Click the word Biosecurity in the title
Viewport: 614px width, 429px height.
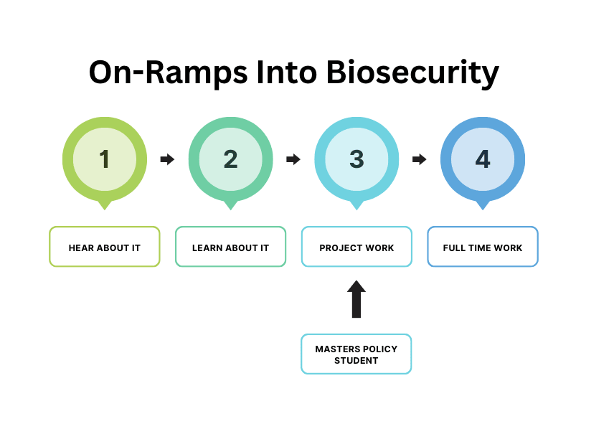412,72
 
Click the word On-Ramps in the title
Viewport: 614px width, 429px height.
169,72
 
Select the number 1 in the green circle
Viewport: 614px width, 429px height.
104,159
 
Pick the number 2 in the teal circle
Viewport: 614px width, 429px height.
231,159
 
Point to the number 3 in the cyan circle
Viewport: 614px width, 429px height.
356,159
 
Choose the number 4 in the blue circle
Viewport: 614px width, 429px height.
483,159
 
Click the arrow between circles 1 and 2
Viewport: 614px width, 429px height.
167,159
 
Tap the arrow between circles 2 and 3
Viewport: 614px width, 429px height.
293,159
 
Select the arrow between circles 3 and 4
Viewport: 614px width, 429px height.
420,159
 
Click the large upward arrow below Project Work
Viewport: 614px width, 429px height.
356,299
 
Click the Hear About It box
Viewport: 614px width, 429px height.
105,247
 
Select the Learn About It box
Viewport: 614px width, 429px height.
231,247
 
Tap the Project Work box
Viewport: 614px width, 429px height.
356,247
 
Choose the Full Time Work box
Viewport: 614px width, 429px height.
483,247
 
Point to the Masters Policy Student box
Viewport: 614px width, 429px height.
356,354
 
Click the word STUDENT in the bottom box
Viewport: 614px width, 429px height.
356,360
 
